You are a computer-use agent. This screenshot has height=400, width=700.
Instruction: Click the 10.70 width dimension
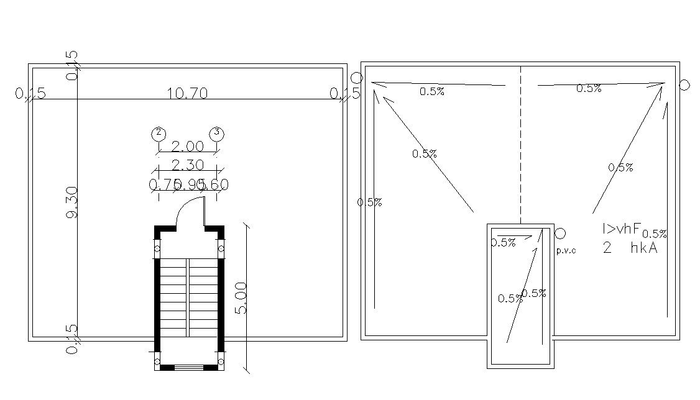coord(187,94)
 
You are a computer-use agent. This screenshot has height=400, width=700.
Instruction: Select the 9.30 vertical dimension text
coord(71,202)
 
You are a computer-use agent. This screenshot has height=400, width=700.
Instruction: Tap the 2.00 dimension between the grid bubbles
coord(187,147)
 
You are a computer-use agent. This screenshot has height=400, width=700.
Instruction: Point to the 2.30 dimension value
coord(187,165)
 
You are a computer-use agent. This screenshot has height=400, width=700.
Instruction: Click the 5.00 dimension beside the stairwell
coord(241,298)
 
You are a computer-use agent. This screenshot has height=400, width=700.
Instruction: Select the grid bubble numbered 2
coord(159,133)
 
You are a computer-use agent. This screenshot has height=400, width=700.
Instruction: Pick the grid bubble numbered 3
coord(216,132)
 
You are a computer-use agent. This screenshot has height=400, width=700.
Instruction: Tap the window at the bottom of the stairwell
coord(188,367)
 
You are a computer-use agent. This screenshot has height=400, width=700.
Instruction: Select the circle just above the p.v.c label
coord(560,234)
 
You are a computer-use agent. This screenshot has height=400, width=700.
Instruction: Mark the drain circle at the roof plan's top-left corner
coord(356,78)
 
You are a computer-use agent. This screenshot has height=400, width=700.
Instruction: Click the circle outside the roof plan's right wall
coord(684,85)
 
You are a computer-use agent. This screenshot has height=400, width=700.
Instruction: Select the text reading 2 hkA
coord(630,248)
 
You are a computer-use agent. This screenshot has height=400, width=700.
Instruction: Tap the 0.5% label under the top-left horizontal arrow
coord(432,92)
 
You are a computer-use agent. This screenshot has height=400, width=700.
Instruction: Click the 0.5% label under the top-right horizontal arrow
coord(589,89)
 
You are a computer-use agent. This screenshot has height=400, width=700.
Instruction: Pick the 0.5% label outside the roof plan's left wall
coord(370,202)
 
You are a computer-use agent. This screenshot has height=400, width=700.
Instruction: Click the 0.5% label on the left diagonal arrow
coord(425,154)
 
